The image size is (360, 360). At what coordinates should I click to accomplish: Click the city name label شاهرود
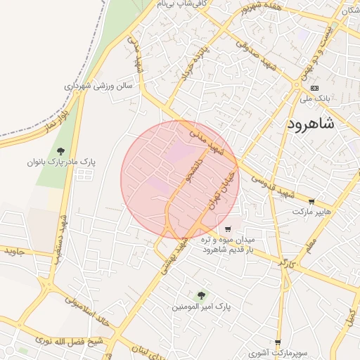coord(321,124)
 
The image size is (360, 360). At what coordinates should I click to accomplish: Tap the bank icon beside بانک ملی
coord(314,88)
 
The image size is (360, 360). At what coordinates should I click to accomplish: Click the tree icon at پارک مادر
coord(60,151)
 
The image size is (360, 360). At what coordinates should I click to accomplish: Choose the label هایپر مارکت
coord(311,211)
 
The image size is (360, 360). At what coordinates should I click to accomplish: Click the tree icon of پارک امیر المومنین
coord(202,296)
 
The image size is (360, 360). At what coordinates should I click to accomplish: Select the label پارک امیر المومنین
coord(202,307)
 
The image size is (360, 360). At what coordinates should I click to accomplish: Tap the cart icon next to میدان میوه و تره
coord(228,229)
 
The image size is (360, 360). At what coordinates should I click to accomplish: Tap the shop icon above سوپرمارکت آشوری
coord(278,342)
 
